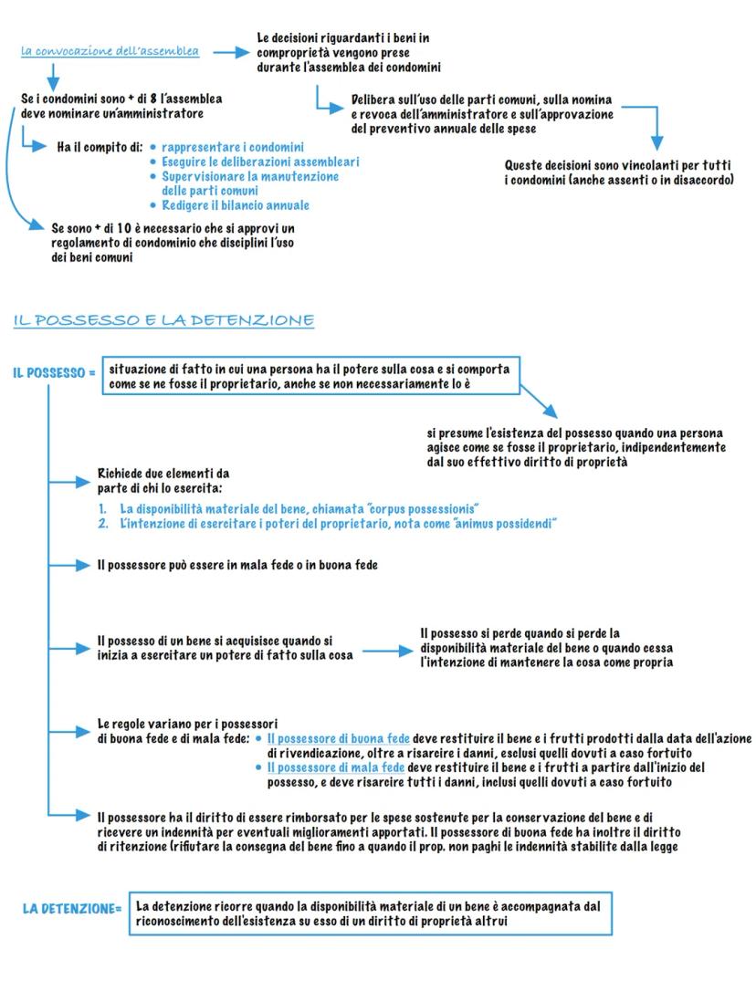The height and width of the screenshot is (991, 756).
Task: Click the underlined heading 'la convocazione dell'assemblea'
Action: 110,51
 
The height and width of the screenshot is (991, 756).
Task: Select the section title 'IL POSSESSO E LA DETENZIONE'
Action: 164,320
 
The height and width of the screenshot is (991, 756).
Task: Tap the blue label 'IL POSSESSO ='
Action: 54,373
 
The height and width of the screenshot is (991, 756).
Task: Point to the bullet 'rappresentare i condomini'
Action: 233,147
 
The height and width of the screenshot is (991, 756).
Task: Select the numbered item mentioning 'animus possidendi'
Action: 338,523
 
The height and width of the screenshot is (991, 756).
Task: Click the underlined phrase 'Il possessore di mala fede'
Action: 336,767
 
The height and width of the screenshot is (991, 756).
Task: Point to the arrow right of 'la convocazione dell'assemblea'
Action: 230,53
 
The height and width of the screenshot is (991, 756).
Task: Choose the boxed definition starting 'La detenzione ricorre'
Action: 370,913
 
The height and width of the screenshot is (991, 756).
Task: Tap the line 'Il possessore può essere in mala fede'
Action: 237,565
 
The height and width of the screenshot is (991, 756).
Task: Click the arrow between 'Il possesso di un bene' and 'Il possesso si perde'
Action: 387,652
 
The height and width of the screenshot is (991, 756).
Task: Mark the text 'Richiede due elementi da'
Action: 163,474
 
